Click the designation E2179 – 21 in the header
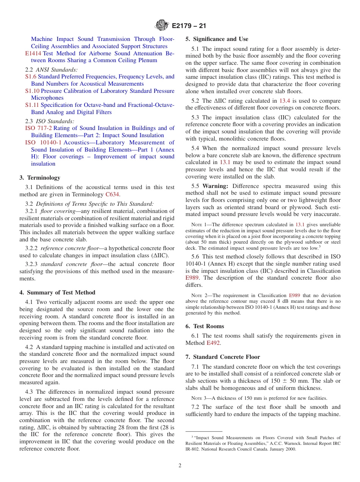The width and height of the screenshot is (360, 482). tap(189, 26)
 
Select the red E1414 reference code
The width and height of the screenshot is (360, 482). tap(32, 53)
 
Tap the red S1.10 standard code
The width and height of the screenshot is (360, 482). tap(32, 91)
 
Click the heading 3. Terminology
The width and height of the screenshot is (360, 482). tap(40, 178)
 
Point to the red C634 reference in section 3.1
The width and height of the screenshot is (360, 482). tap(112, 194)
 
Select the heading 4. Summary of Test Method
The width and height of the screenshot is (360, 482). tap(57, 293)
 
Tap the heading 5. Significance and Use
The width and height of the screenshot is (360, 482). tap(217, 39)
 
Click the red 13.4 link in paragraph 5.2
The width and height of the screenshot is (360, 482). tap(285, 101)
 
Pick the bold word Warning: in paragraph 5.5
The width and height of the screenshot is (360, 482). tap(215, 186)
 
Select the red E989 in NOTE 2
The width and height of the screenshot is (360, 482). tap(294, 295)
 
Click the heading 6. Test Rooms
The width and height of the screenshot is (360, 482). tap(205, 326)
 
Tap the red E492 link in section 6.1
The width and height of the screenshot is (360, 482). tap(213, 343)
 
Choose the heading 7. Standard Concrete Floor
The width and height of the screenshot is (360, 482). tap(223, 357)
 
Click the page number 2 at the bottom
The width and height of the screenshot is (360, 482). tap(180, 466)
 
